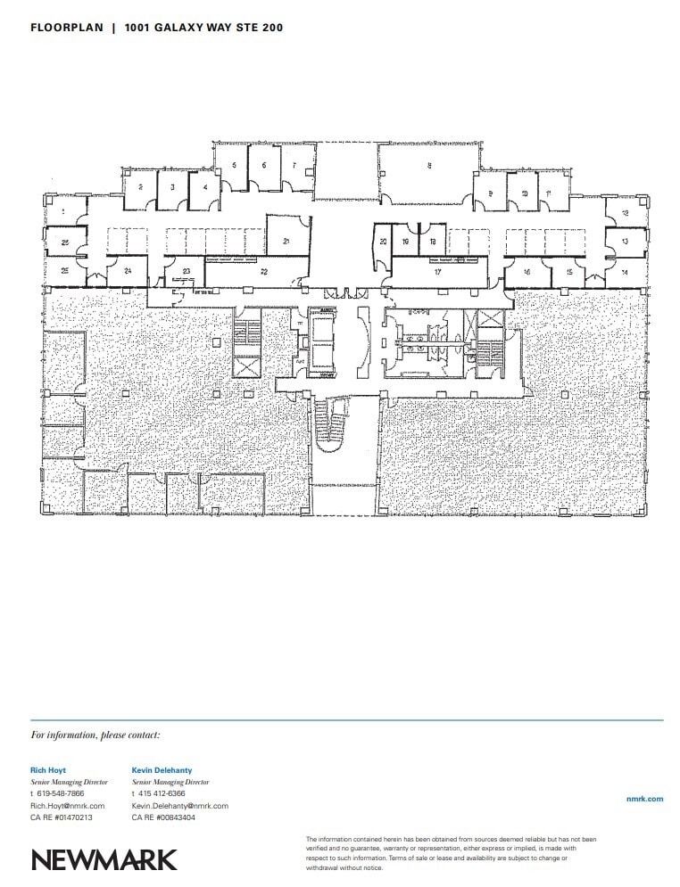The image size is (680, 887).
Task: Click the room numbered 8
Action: tap(429, 165)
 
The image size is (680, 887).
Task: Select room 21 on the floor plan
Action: tap(286, 241)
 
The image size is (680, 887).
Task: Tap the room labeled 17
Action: tap(438, 272)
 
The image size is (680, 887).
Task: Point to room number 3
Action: tap(172, 187)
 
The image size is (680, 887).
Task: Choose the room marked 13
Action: tap(625, 242)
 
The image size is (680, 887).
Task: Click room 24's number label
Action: tap(129, 270)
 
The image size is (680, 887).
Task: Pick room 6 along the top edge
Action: tap(264, 165)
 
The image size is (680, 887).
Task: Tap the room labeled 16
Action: tap(527, 272)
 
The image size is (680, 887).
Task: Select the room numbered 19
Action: tap(406, 242)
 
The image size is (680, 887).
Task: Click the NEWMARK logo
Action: tap(104, 859)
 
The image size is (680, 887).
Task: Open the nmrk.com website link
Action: tap(645, 799)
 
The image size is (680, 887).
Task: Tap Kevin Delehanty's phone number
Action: tap(162, 793)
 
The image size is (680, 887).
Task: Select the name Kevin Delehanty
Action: tap(162, 769)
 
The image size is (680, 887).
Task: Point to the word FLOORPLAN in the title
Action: tap(67, 29)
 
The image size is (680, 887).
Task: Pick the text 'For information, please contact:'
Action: tap(95, 735)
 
